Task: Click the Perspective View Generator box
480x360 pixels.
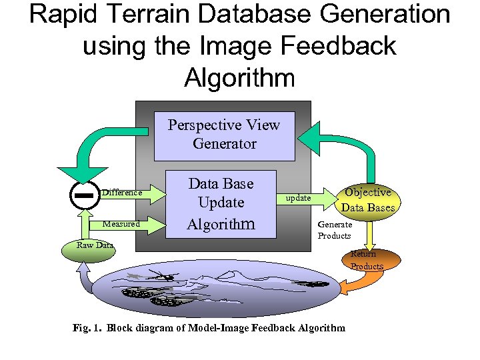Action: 224,134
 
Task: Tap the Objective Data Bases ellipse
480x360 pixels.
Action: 369,199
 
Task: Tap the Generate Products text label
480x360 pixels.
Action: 335,230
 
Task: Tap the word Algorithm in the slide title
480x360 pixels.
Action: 239,77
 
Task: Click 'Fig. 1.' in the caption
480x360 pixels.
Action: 87,327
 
